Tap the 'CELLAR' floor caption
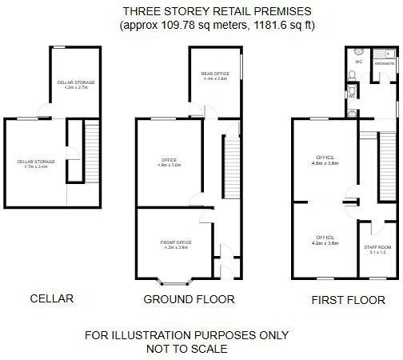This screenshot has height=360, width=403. [x=52, y=299]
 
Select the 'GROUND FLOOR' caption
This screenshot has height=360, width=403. [x=189, y=300]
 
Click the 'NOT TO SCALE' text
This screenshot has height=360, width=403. [x=187, y=349]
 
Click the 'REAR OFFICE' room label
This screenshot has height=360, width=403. [x=215, y=74]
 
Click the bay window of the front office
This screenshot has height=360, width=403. [x=174, y=282]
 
